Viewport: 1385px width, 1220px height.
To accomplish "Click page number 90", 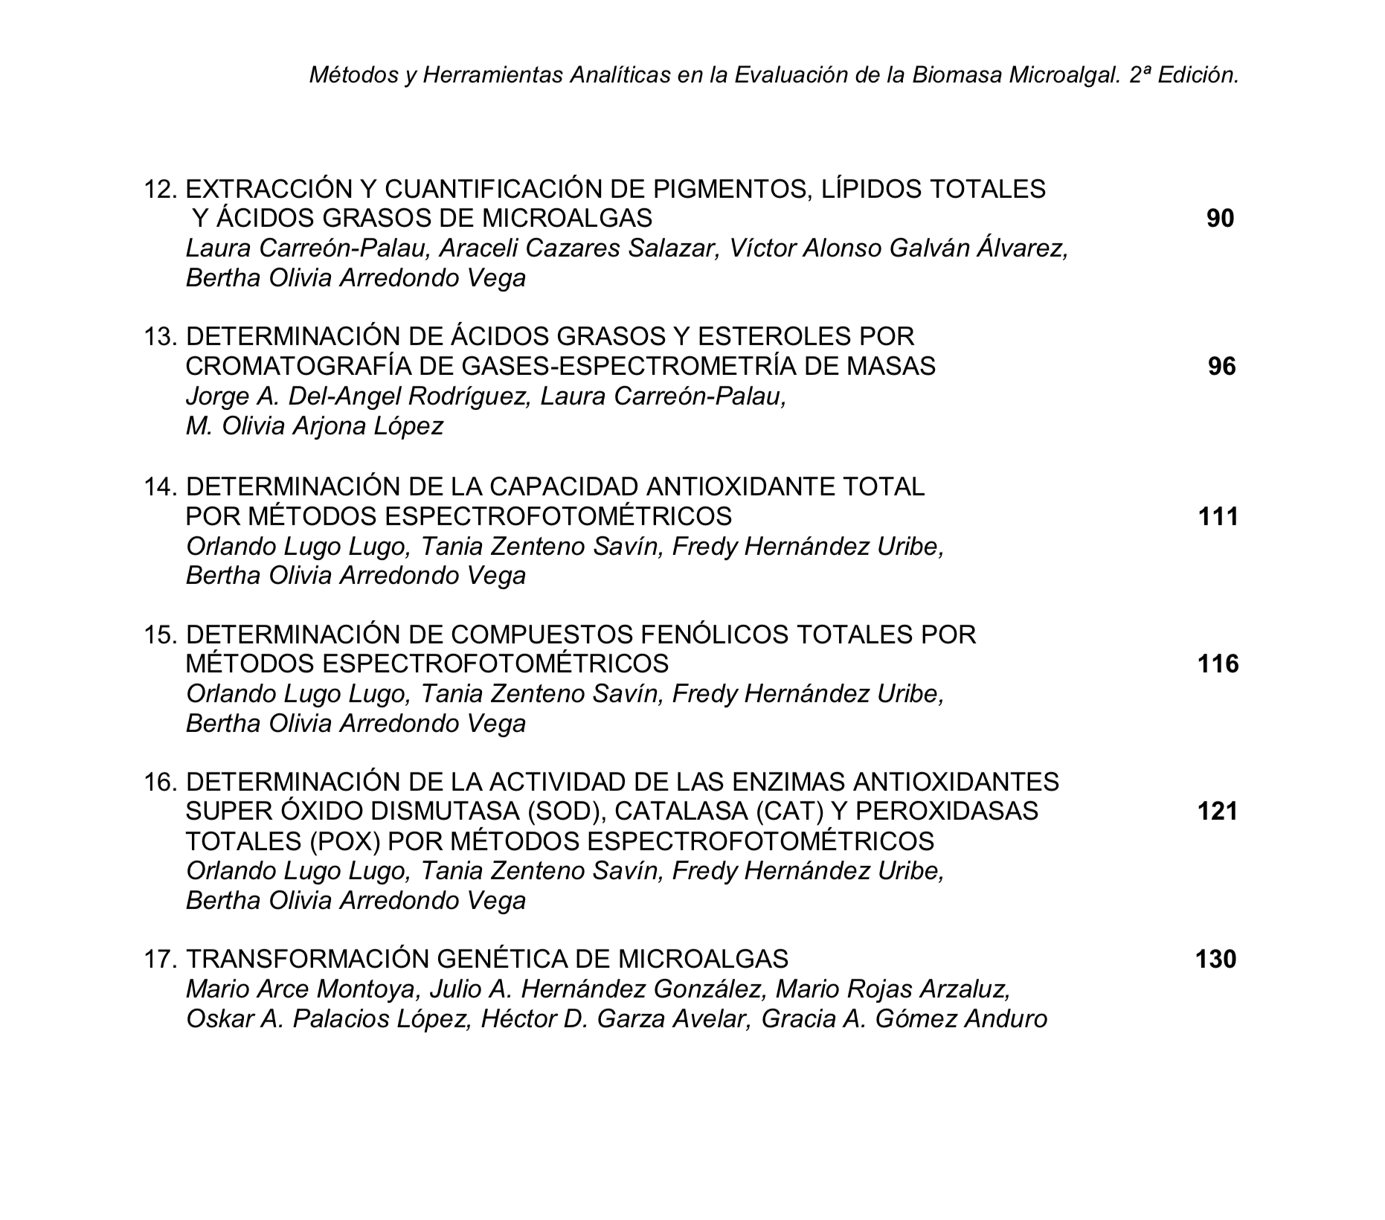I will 1220,218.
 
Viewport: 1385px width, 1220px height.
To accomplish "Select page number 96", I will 1221,366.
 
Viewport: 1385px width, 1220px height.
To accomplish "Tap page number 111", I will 1218,516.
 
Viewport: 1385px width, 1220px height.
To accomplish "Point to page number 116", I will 1218,663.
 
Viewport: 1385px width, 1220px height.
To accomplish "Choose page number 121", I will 1218,810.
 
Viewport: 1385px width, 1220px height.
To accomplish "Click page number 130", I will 1215,959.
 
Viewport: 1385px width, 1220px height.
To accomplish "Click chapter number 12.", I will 159,189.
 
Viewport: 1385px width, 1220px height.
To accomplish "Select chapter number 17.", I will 159,959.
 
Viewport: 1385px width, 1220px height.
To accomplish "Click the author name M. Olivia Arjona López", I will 314,426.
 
